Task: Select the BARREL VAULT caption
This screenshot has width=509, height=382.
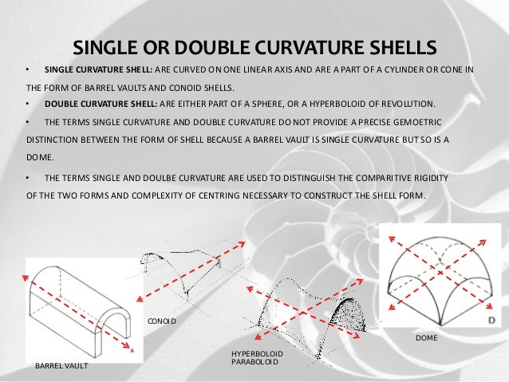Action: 61,365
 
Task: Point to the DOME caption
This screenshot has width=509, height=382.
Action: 428,339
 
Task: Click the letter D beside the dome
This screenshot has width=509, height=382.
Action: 488,320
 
